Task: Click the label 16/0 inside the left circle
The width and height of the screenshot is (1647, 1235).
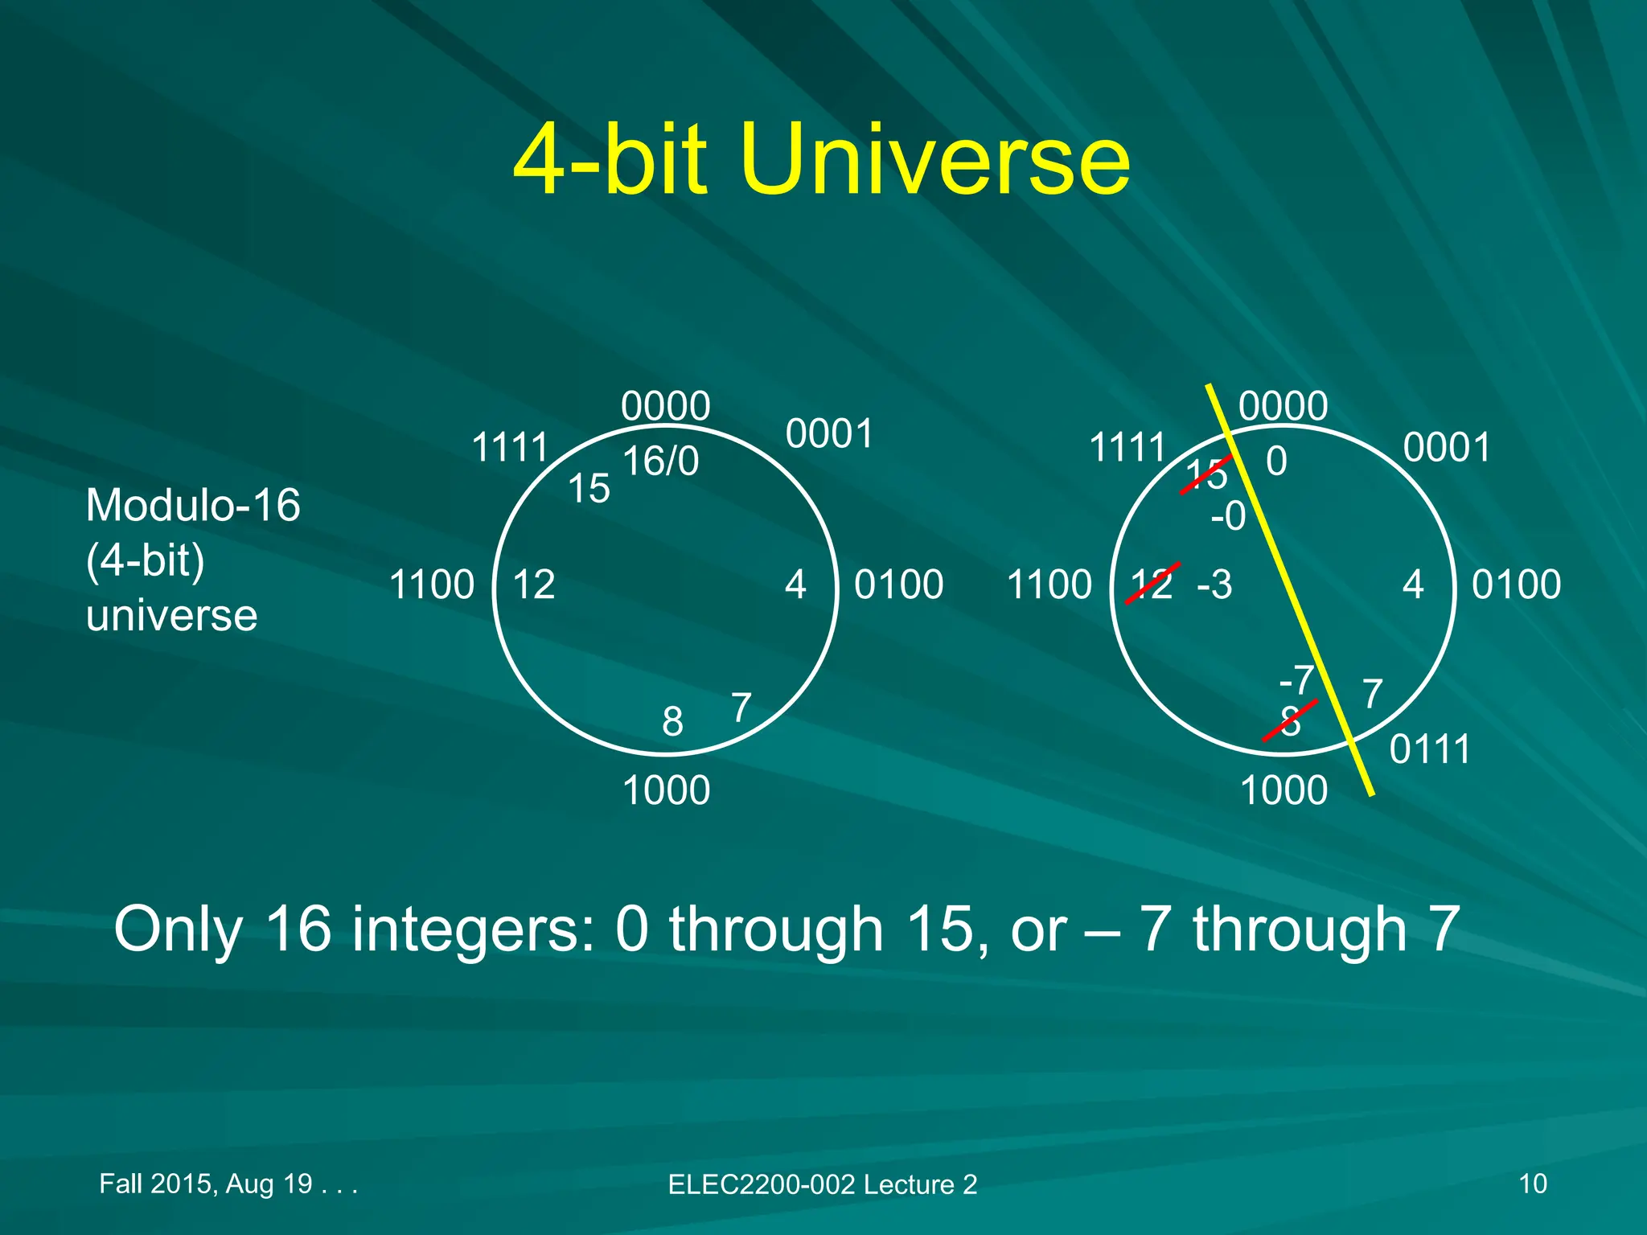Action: click(x=660, y=462)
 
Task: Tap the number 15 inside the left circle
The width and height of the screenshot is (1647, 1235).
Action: click(x=589, y=488)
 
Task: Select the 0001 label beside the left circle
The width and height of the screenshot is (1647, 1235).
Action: click(x=829, y=434)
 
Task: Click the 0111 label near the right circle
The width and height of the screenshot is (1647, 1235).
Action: click(x=1430, y=749)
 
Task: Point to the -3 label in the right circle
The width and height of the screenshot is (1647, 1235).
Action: click(x=1214, y=585)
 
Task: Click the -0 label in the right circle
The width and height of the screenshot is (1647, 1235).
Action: click(x=1228, y=516)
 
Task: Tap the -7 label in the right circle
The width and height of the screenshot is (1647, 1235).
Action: click(x=1296, y=680)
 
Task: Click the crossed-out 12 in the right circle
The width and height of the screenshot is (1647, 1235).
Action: click(x=1152, y=584)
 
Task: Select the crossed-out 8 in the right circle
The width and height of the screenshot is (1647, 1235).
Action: click(x=1290, y=721)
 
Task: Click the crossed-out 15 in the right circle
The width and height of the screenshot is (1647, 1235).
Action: click(x=1206, y=474)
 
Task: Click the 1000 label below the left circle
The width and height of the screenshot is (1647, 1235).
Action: click(x=666, y=790)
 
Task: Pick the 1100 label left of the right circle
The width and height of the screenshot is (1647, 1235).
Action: click(x=1049, y=585)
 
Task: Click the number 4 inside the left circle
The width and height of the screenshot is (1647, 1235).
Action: click(x=795, y=585)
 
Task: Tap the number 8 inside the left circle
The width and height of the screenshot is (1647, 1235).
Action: click(x=672, y=721)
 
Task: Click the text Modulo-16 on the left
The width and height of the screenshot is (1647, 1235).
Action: click(x=193, y=506)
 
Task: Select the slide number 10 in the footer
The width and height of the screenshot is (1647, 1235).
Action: click(x=1533, y=1184)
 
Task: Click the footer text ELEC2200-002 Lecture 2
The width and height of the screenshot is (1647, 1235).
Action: click(x=822, y=1184)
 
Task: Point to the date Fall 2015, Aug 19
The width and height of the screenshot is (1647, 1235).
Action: click(x=205, y=1184)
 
